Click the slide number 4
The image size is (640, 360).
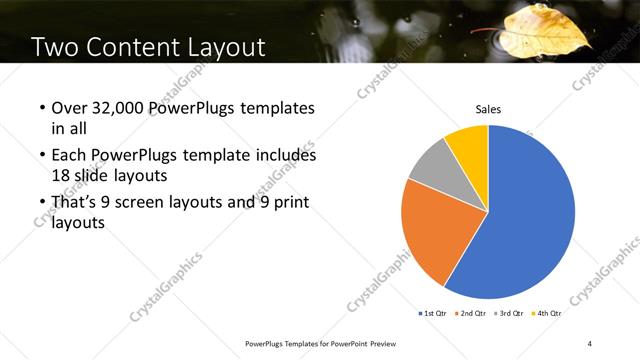(x=589, y=344)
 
